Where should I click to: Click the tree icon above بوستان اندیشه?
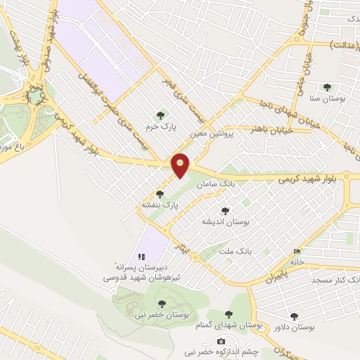225,211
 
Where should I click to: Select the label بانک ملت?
235,250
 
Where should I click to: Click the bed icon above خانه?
297,252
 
